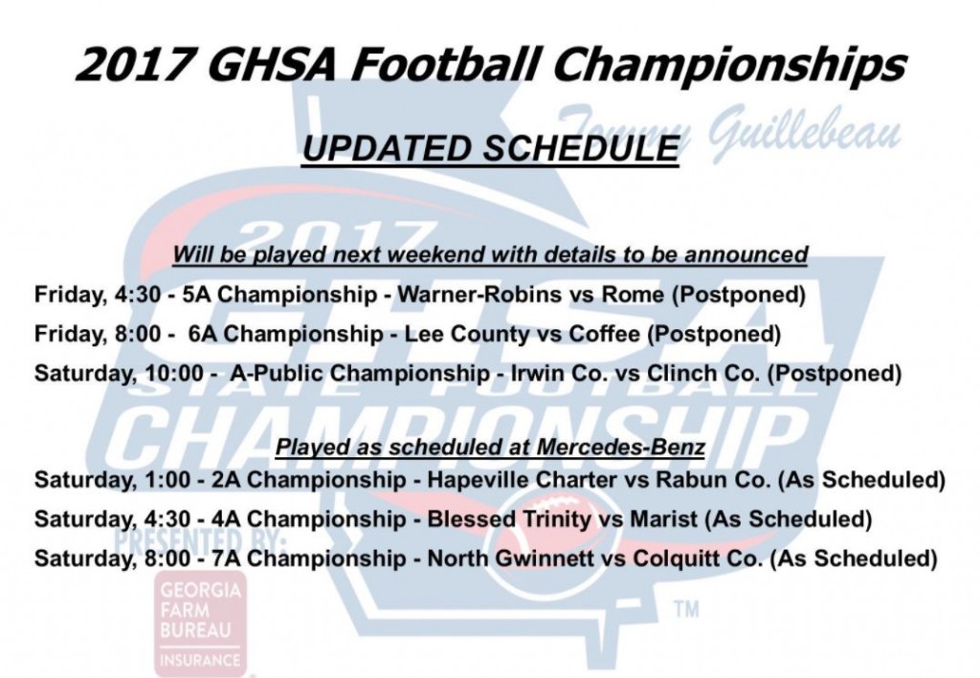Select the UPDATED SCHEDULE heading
pos(491,148)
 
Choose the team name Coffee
pos(605,334)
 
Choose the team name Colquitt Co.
pos(698,558)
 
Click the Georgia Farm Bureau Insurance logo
pos(200,623)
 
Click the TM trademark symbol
pos(687,609)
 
